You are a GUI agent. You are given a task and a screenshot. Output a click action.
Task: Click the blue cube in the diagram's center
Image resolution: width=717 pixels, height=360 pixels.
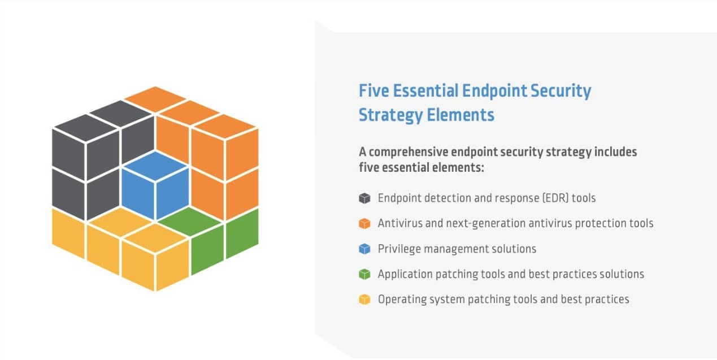155,186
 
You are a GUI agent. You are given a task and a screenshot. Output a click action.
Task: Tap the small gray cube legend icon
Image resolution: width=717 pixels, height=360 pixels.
364,198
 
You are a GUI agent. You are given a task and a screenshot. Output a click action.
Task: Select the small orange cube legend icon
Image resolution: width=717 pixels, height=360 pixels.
364,224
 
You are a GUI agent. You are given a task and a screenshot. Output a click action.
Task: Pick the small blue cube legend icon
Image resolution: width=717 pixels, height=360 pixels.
364,249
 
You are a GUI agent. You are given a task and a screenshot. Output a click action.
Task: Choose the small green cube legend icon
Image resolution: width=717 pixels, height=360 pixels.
364,274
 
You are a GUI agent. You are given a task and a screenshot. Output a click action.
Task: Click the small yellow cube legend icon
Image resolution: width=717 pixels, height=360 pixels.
364,300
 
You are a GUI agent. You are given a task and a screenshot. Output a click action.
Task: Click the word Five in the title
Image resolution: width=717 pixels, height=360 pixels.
374,90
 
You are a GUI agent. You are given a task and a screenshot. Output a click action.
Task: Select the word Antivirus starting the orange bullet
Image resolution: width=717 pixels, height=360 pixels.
400,223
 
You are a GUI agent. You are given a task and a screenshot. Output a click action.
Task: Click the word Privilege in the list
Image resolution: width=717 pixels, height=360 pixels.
399,249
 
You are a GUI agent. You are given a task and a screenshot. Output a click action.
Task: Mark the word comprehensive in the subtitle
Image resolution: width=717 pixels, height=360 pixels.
409,152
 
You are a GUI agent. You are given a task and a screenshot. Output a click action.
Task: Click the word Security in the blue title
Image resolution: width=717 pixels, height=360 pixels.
561,92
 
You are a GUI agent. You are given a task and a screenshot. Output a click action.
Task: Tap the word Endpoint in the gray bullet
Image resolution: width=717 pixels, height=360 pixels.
399,198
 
